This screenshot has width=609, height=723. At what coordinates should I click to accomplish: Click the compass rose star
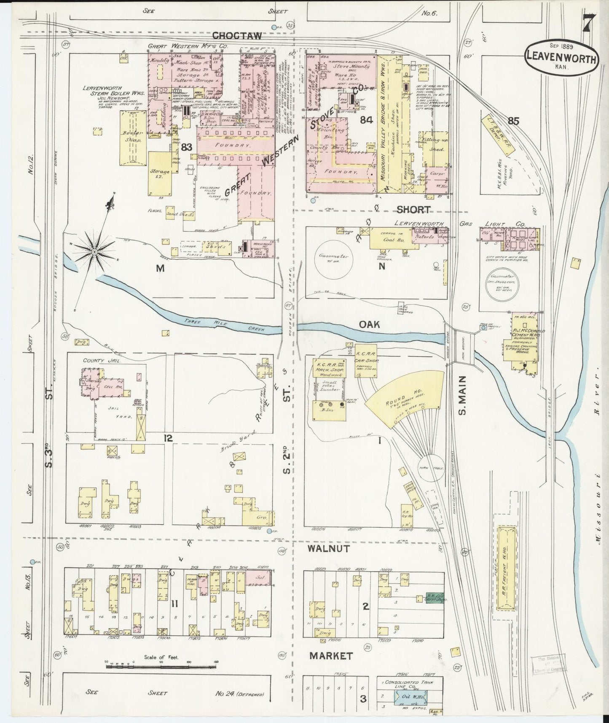[x=94, y=252]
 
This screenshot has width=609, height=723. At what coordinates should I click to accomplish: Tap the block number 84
[x=366, y=120]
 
